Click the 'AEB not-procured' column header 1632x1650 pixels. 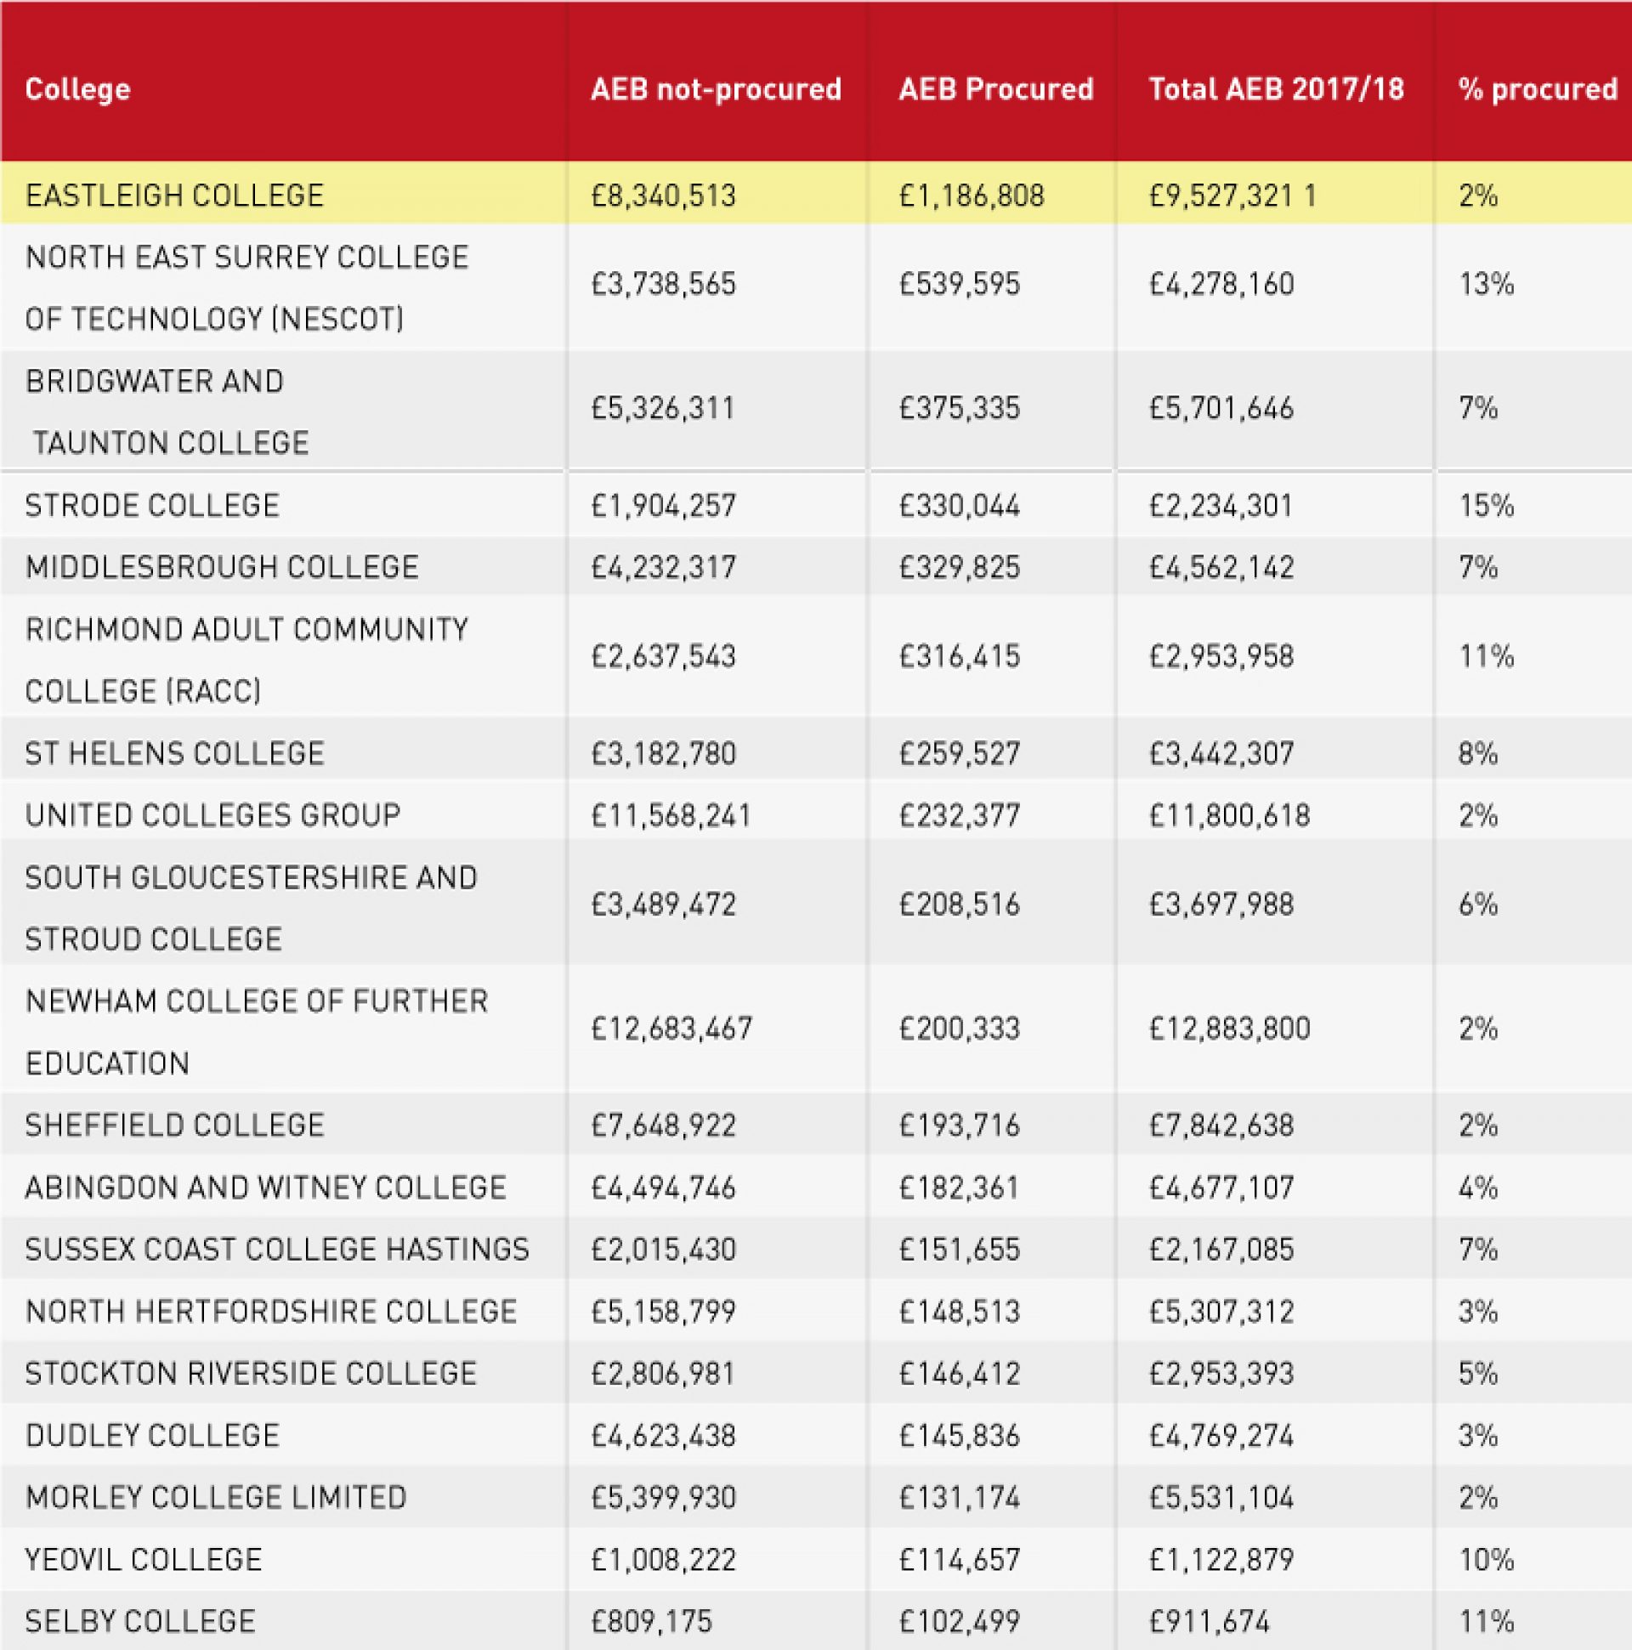tap(716, 88)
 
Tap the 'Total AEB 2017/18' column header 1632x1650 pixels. tap(1276, 88)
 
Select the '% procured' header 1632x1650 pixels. tap(1537, 88)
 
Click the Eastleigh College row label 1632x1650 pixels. tap(174, 196)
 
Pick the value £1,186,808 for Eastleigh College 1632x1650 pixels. tap(971, 196)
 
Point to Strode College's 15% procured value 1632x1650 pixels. tap(1486, 506)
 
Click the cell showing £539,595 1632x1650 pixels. tap(959, 285)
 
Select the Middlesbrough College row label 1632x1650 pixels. tap(222, 567)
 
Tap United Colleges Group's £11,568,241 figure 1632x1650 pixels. tap(671, 815)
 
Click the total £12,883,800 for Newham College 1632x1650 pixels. tap(1229, 1029)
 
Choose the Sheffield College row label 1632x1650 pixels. tap(174, 1126)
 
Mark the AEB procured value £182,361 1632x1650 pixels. tap(958, 1188)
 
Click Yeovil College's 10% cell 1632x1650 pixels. tap(1486, 1561)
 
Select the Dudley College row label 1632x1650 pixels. tap(152, 1436)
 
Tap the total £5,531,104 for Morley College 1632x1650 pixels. tap(1221, 1498)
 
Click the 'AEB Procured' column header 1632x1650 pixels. tap(995, 88)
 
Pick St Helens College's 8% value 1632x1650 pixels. tap(1478, 754)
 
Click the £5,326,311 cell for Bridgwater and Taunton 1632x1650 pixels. tap(663, 408)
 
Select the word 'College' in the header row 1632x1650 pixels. tap(77, 88)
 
